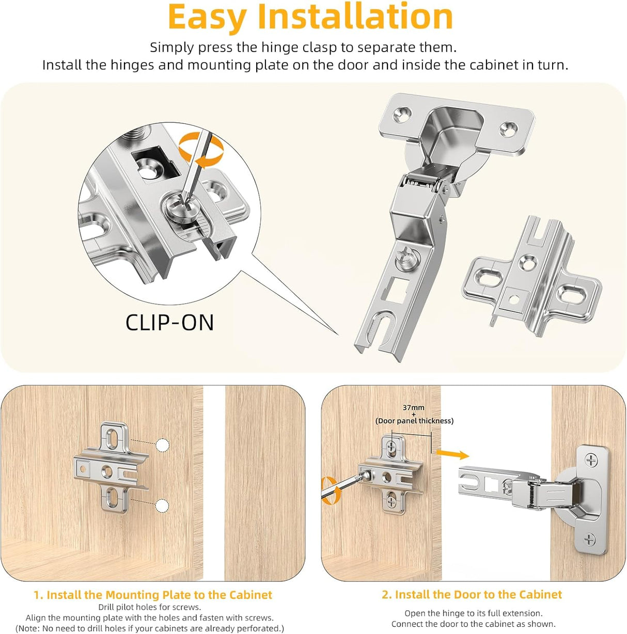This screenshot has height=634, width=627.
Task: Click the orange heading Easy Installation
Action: pyautogui.click(x=310, y=18)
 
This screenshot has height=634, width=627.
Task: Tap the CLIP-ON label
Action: pyautogui.click(x=169, y=323)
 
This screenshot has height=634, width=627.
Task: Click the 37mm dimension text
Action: pyautogui.click(x=413, y=407)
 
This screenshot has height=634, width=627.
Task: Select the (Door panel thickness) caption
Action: pyautogui.click(x=414, y=421)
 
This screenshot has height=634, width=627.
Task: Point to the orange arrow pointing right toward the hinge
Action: pyautogui.click(x=452, y=454)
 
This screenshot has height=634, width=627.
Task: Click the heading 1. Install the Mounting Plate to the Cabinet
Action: pyautogui.click(x=153, y=595)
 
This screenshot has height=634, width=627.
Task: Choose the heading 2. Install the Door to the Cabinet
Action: pyautogui.click(x=472, y=594)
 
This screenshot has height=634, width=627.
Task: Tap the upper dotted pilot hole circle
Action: pyautogui.click(x=162, y=445)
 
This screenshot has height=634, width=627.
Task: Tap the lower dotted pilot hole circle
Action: pyautogui.click(x=162, y=505)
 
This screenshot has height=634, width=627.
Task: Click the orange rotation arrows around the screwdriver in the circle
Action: pyautogui.click(x=201, y=150)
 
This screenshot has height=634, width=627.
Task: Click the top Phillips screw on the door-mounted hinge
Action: pyautogui.click(x=591, y=459)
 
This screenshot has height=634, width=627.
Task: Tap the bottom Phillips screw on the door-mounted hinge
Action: pyautogui.click(x=589, y=540)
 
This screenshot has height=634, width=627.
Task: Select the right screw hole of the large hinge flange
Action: pyautogui.click(x=510, y=126)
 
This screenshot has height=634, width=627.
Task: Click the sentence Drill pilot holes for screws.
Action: pyautogui.click(x=149, y=607)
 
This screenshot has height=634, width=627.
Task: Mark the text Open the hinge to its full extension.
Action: pyautogui.click(x=473, y=613)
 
